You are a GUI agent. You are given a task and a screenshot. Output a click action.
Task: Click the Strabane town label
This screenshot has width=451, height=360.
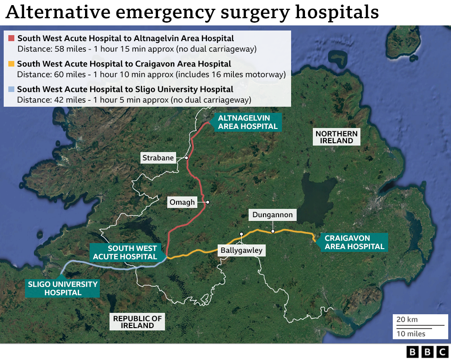point(158,158)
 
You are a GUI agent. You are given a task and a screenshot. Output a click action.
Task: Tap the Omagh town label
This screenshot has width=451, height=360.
point(182,202)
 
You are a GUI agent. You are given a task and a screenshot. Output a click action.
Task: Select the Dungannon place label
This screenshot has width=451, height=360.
point(273,215)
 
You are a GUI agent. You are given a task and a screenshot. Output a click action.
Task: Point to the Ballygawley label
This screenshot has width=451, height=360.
point(241,250)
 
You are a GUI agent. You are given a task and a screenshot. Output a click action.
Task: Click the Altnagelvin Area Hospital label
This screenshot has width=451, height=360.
point(248,122)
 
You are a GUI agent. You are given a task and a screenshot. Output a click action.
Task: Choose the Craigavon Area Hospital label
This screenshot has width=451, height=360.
point(354,242)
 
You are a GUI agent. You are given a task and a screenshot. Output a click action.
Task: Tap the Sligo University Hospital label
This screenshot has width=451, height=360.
point(62,288)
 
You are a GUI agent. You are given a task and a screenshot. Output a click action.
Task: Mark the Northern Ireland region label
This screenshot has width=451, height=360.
point(336,137)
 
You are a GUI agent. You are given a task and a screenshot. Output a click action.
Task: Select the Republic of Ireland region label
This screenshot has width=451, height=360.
point(138,322)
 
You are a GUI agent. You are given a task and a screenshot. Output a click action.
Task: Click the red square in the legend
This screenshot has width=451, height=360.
point(12,38)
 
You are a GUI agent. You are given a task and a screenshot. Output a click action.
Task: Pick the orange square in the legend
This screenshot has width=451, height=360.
point(12,64)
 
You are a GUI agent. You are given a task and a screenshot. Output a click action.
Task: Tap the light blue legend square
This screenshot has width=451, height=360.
point(12,89)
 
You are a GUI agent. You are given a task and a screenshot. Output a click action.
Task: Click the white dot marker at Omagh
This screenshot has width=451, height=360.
point(208,202)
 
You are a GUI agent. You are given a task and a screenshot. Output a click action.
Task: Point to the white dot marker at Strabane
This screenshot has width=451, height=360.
point(186,158)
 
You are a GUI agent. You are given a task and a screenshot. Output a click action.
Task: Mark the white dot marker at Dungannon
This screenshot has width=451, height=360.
point(273,231)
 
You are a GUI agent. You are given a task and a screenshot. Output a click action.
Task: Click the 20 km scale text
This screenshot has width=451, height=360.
point(407,320)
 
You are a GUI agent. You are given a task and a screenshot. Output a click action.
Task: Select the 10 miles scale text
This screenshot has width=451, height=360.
point(411,334)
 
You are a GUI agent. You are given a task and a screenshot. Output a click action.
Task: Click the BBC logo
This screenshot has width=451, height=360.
point(427,352)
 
